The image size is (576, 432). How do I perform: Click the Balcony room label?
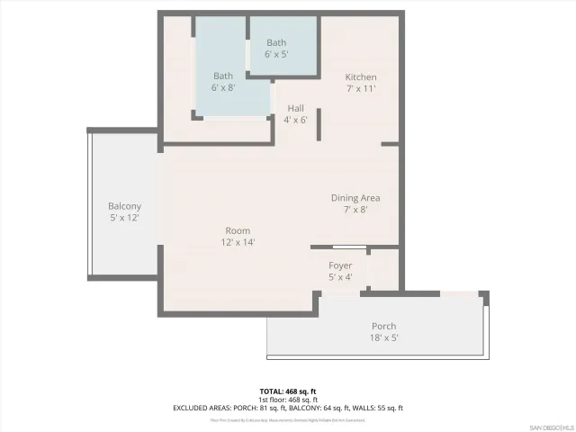click(124, 205)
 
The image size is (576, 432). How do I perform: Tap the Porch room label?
click(383, 326)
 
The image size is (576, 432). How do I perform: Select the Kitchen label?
click(361, 77)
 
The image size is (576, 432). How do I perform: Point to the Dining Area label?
click(355, 198)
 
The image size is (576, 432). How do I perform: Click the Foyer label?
click(340, 265)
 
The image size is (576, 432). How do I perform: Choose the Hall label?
click(295, 108)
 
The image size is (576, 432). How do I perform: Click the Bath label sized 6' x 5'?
click(277, 42)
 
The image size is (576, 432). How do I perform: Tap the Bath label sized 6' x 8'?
click(223, 76)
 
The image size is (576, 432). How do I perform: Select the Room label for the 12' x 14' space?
click(238, 230)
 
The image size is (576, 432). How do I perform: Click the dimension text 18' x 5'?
click(383, 337)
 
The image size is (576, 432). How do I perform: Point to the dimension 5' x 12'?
click(124, 217)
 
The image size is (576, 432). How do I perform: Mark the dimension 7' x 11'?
click(361, 89)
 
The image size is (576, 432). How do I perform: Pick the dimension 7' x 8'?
click(355, 210)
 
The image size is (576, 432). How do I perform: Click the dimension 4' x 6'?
click(295, 120)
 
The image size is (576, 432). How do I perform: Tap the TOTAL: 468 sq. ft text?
click(287, 391)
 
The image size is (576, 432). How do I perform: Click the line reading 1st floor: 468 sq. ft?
click(287, 400)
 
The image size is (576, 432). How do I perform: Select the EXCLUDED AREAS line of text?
click(287, 408)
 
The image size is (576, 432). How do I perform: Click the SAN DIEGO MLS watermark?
click(550, 426)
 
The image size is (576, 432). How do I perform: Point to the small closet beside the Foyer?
click(382, 270)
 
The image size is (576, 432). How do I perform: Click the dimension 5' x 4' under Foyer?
click(340, 277)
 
